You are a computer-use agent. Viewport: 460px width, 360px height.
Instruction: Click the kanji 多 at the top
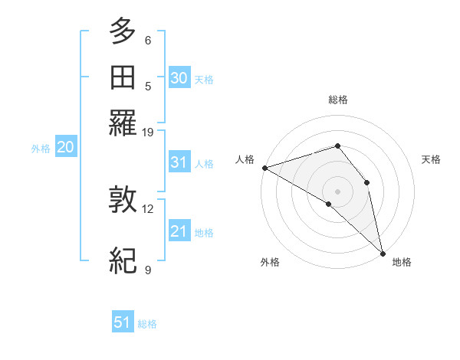coord(123,31)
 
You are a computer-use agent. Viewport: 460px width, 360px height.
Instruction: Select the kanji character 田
coord(123,77)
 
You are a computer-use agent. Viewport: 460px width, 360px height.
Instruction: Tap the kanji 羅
coord(123,123)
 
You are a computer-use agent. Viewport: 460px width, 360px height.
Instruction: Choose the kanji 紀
coord(123,260)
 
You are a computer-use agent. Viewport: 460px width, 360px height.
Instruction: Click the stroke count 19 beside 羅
coord(148,132)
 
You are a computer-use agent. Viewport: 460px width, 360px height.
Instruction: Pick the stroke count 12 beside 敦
coord(148,208)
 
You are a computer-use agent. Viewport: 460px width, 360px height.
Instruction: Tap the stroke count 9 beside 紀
coord(148,270)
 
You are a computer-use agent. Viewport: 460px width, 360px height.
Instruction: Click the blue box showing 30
coord(179,78)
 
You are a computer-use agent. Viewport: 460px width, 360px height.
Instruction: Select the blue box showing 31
coord(179,162)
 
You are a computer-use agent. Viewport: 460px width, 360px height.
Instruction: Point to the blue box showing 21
coord(179,231)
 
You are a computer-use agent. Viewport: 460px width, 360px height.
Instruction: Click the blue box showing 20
coord(65,148)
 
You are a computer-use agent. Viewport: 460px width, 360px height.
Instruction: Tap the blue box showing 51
coord(123,322)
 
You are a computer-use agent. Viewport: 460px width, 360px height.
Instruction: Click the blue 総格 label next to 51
coord(147,324)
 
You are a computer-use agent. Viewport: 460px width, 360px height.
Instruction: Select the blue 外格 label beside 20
coord(41,149)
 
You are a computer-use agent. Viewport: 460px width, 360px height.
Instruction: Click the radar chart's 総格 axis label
coord(338,100)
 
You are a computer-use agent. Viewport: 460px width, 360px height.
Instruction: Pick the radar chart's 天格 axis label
coord(432,159)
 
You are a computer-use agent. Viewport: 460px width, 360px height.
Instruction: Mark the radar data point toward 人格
coord(264,167)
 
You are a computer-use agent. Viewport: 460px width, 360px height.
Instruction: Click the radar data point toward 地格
coord(383,252)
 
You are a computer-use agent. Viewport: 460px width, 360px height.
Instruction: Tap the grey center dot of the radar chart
coord(337,191)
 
